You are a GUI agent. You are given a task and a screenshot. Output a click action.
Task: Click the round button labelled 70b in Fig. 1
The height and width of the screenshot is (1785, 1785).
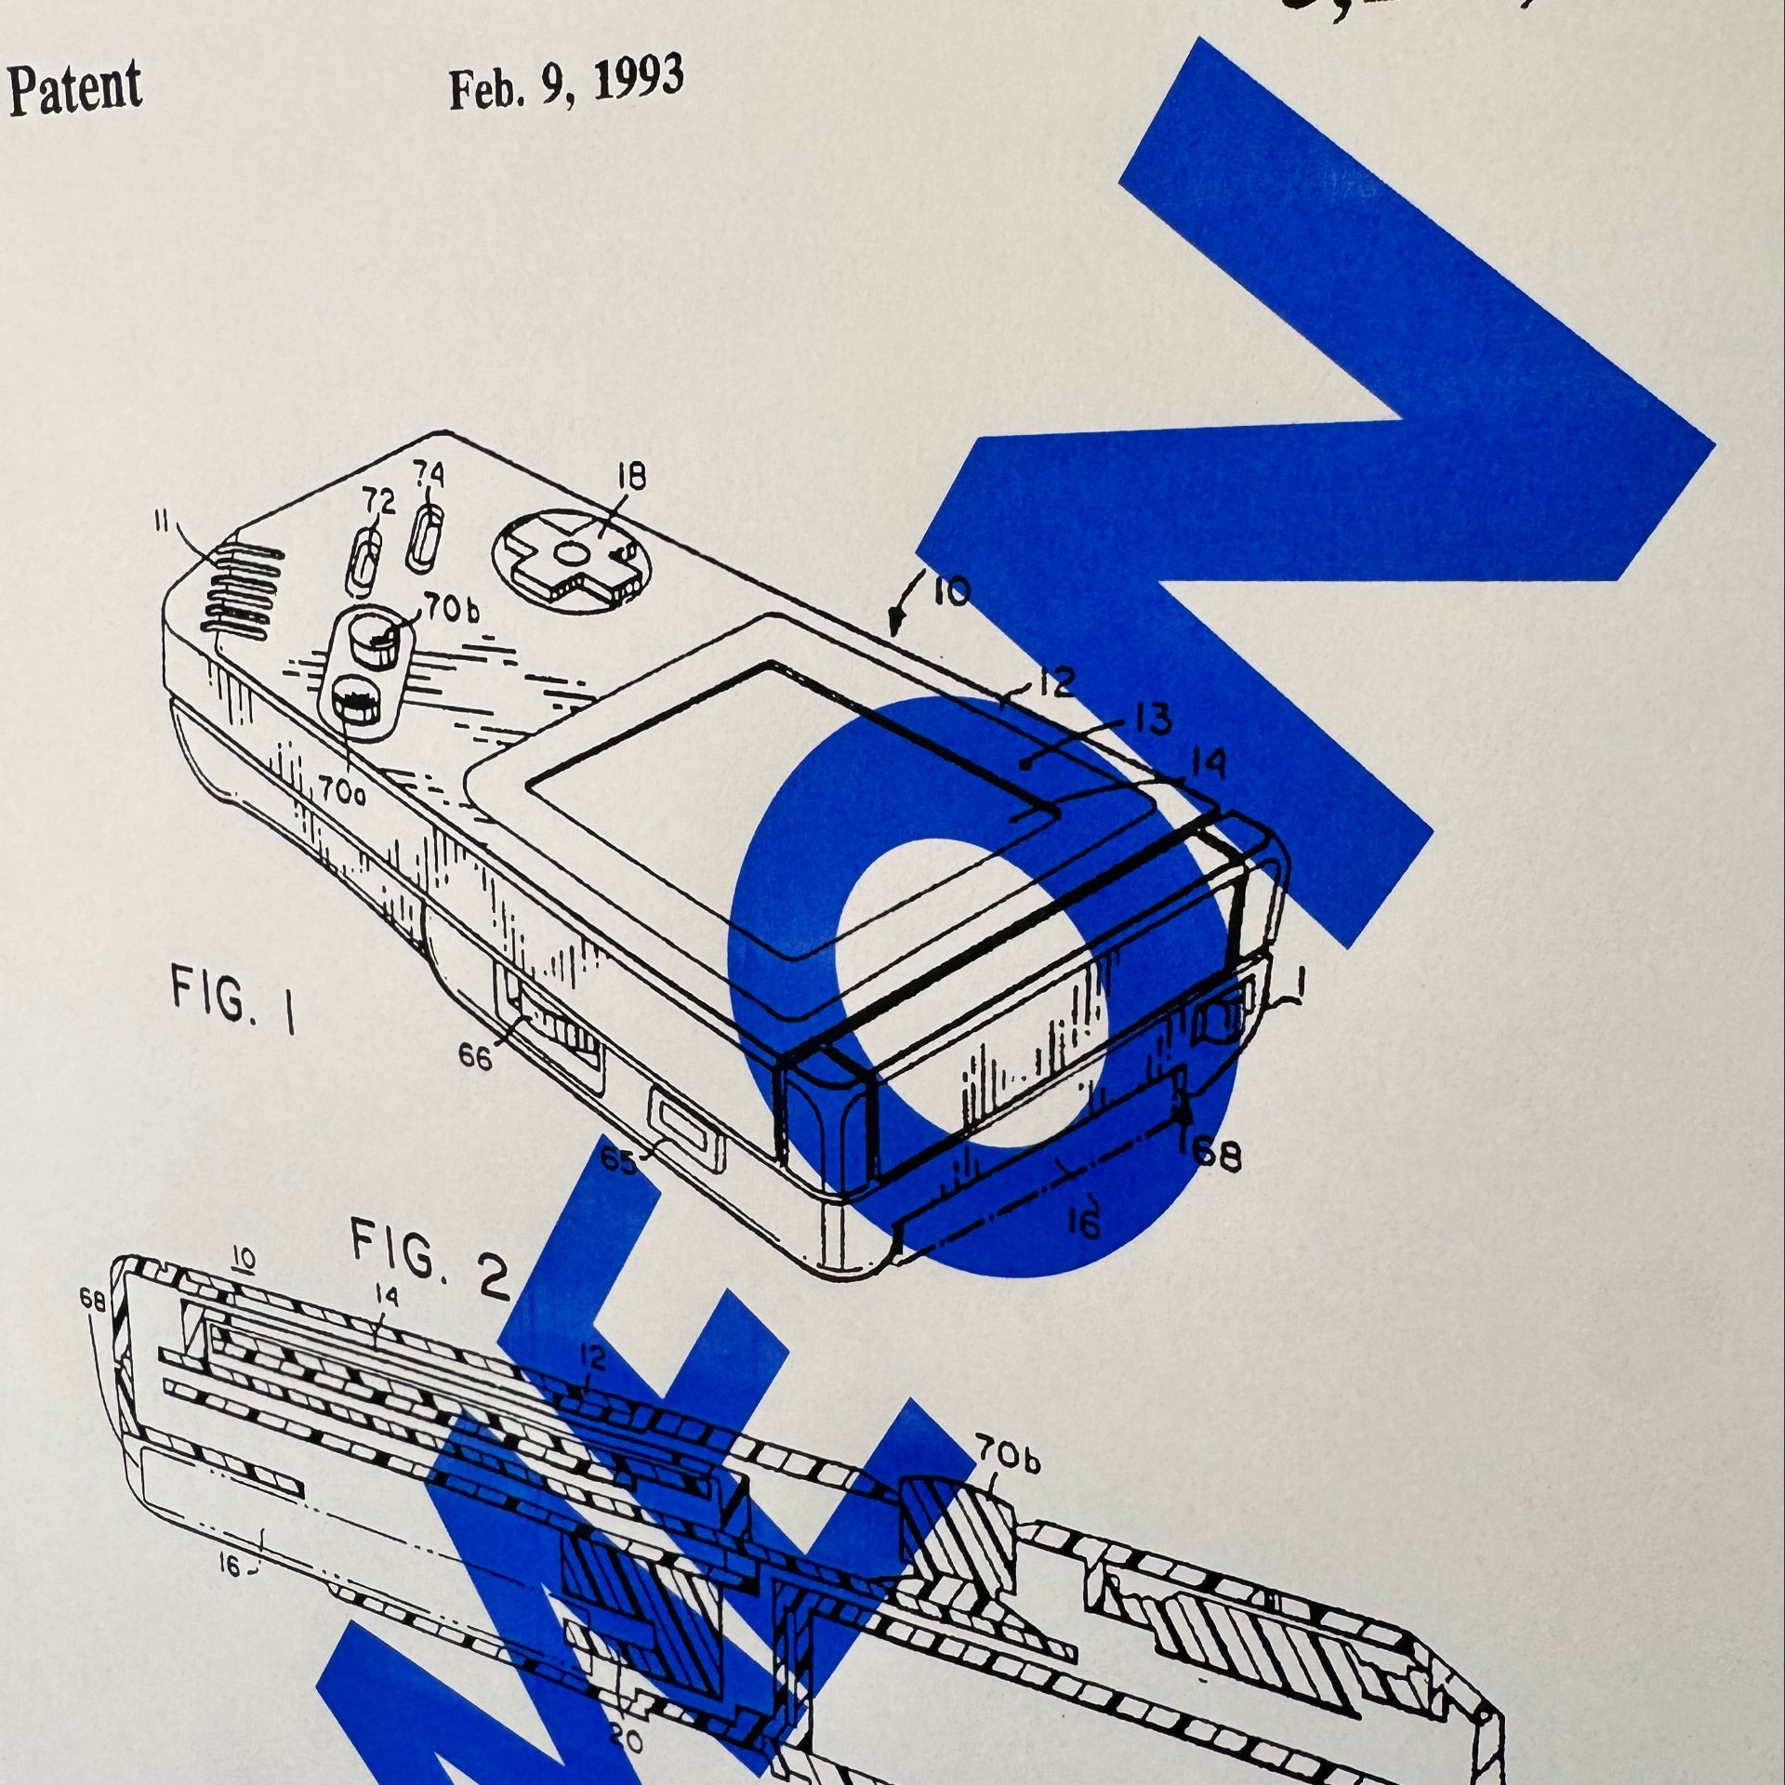376,640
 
